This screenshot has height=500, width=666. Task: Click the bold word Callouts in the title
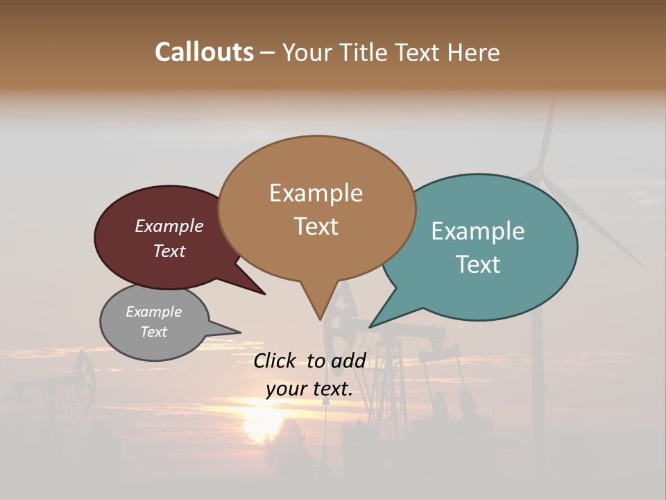204,52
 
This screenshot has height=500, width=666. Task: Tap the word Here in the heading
474,52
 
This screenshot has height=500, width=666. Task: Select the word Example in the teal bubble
478,231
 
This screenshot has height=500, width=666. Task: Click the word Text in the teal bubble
478,265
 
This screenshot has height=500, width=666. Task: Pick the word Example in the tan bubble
316,193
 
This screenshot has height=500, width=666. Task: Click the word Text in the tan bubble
316,226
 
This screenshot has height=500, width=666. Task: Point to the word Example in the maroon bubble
169,226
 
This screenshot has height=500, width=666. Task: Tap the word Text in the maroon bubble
169,251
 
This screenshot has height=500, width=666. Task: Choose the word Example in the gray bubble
154,312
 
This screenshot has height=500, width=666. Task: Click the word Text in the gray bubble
154,332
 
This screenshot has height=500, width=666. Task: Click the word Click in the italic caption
276,361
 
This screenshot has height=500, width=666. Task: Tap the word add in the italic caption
349,361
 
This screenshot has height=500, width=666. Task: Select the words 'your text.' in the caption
309,389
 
